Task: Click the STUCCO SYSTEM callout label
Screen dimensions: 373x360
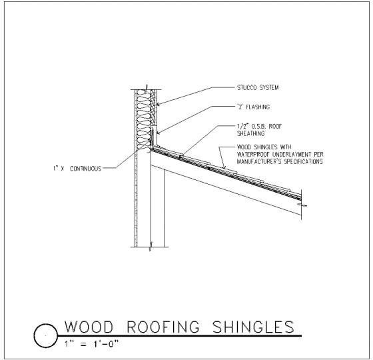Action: (258, 87)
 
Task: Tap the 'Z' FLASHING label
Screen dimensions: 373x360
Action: (253, 107)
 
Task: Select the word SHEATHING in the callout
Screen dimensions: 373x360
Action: (250, 133)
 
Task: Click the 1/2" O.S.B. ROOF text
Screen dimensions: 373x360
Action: (259, 126)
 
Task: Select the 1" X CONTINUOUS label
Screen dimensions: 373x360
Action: (77, 169)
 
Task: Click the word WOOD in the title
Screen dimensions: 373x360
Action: (89, 327)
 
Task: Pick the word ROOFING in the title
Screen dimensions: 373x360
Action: (163, 327)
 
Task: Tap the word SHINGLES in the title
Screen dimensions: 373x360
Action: (254, 327)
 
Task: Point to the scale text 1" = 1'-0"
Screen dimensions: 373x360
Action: (91, 344)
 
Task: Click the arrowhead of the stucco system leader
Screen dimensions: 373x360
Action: (159, 104)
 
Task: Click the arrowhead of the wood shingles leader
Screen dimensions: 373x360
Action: (224, 167)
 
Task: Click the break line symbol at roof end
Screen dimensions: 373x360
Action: (302, 205)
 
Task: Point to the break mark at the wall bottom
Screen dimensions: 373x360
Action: (151, 247)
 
